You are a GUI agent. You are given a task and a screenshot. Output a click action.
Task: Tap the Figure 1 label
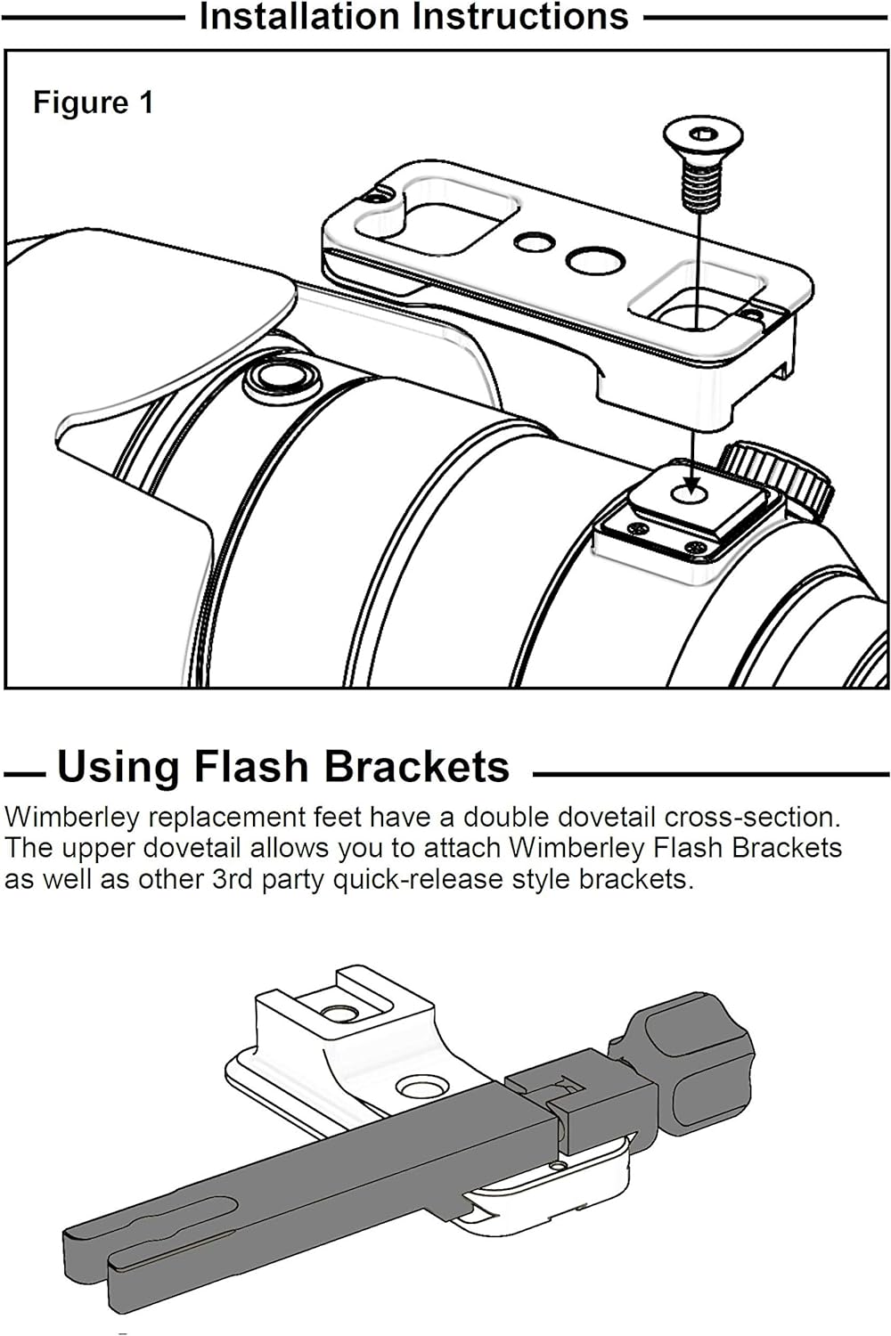coord(93,102)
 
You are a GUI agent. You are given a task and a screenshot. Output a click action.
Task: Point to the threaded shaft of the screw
coord(699,186)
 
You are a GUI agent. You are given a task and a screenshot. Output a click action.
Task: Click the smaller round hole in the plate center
coord(534,241)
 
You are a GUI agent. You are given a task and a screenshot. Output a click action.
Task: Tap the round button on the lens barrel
coord(281,379)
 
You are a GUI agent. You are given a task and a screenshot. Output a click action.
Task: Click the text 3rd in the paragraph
coord(233,880)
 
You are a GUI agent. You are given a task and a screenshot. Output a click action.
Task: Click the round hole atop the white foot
coord(340,1012)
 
